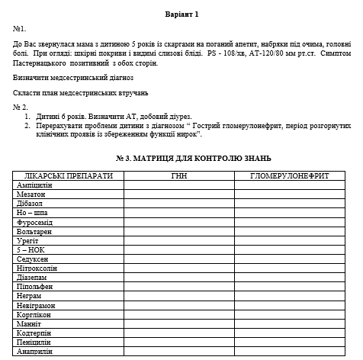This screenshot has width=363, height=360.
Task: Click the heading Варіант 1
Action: (x=181, y=14)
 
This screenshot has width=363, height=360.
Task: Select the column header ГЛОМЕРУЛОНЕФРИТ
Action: (x=289, y=175)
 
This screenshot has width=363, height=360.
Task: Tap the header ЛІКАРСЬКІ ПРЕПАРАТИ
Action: (x=69, y=175)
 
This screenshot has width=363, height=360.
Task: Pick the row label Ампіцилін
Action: (x=34, y=185)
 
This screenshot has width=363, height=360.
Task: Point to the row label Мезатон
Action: (x=31, y=194)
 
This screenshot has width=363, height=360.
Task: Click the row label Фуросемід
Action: (x=35, y=221)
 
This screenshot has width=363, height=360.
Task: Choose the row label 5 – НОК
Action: (x=31, y=249)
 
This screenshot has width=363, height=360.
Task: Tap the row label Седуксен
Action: (x=33, y=259)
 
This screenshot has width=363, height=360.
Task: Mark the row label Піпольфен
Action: (x=35, y=286)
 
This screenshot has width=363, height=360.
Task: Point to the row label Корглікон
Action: (x=35, y=314)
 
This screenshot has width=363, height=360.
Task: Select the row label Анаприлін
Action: (x=35, y=351)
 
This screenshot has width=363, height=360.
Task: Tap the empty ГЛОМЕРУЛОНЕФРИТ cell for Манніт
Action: (x=289, y=323)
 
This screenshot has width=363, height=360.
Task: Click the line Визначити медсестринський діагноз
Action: (x=73, y=77)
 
